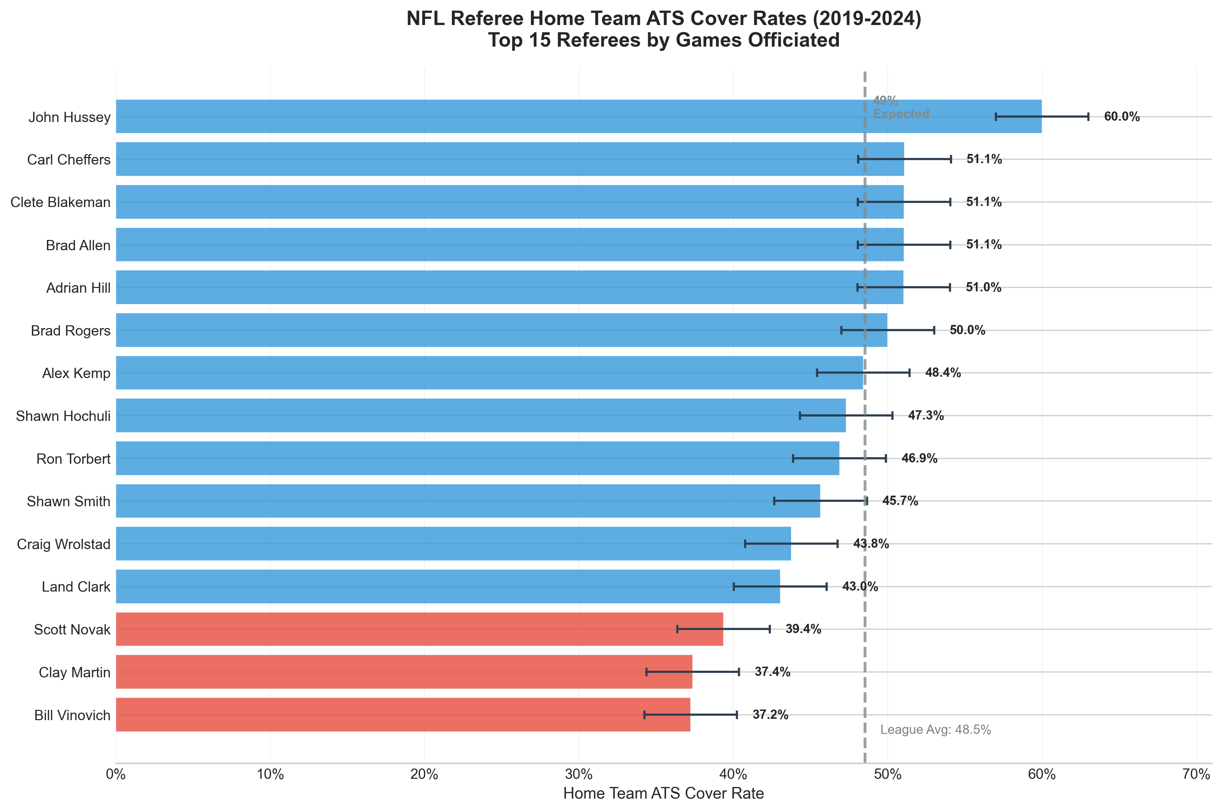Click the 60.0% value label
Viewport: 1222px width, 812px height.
point(1122,117)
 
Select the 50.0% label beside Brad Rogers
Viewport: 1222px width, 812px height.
point(967,330)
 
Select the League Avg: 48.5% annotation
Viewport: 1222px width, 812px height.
point(935,730)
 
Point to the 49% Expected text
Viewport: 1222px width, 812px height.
point(901,107)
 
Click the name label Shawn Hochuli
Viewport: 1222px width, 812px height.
point(63,416)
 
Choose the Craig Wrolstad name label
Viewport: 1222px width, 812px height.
point(64,544)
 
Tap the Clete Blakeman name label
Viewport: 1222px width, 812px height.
point(61,202)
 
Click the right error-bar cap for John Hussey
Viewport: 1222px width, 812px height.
point(1088,117)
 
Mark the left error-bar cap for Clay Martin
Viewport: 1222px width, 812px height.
point(646,672)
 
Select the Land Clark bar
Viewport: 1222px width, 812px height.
point(448,587)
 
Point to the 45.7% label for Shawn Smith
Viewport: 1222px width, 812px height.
point(900,501)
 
